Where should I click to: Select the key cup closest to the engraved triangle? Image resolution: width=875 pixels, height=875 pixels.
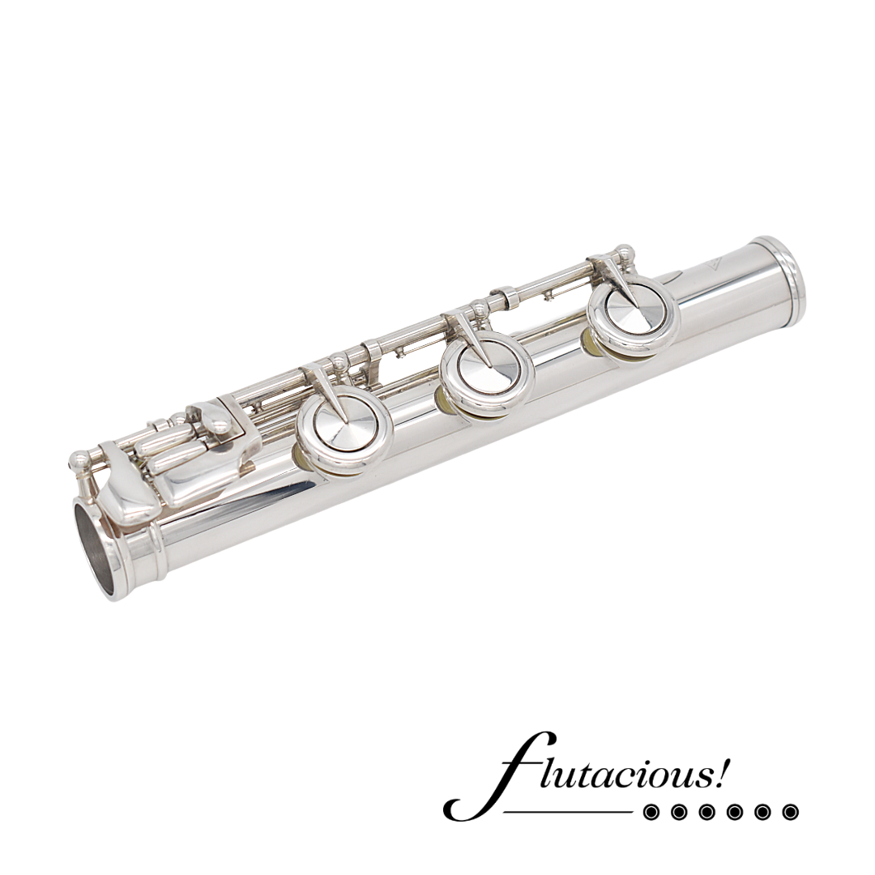click(x=634, y=313)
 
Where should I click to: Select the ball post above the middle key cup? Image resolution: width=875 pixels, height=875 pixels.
click(x=480, y=309)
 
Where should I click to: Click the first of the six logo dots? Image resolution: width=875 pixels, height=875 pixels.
click(x=651, y=812)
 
